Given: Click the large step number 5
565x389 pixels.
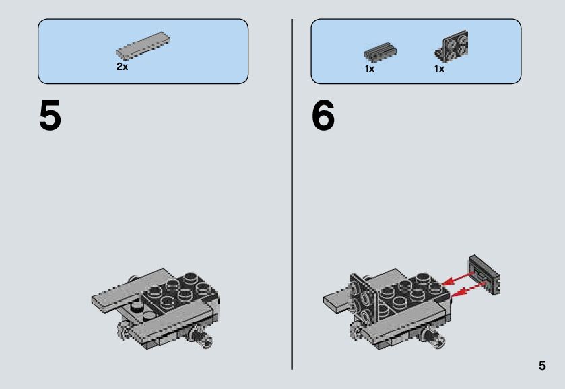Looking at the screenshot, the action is point(50,115).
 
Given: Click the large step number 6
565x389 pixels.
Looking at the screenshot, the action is point(323,115).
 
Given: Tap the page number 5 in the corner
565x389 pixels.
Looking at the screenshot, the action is point(542,365).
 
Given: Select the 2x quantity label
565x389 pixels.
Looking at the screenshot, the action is point(122,67).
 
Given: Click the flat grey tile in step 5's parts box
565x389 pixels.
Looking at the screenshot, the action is point(143,45).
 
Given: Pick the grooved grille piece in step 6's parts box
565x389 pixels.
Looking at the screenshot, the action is point(380,52).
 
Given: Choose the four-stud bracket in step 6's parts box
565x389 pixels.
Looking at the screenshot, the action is point(451,45).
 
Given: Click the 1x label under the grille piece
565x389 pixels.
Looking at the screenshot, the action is point(370,69).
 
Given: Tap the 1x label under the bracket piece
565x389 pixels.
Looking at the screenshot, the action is point(439,69).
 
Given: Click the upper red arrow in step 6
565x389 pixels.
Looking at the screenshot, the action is point(458,278).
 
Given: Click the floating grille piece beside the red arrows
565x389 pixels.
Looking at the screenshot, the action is point(485,275).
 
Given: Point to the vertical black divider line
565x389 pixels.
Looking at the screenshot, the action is point(292,194).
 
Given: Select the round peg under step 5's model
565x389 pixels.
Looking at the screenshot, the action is point(202,337).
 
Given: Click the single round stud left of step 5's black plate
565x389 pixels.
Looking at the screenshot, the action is point(137,307).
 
